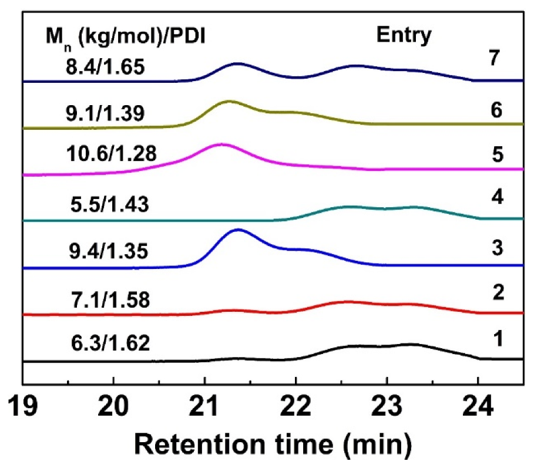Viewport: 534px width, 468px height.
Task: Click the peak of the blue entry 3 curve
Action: click(x=237, y=230)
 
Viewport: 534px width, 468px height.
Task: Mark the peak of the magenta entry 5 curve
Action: click(x=221, y=143)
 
